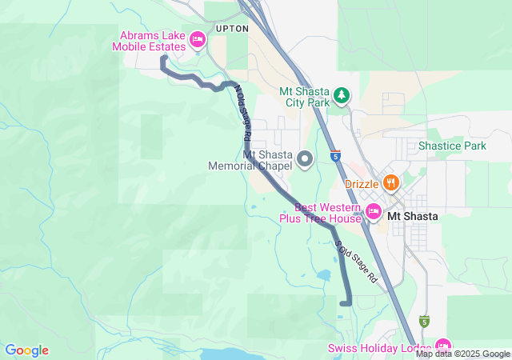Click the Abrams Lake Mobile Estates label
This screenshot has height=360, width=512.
tap(153, 40)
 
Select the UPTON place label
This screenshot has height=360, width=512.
tap(232, 28)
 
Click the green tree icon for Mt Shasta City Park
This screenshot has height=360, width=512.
tap(342, 96)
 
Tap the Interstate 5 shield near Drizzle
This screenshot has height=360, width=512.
tap(335, 155)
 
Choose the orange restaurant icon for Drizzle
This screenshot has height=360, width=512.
tap(390, 182)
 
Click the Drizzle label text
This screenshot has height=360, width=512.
tap(361, 183)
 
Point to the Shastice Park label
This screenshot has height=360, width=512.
tap(452, 146)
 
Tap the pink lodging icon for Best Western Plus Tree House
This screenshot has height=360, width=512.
tap(373, 211)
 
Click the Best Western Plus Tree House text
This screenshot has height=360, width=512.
tap(323, 212)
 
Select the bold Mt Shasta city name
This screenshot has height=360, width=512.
tap(412, 216)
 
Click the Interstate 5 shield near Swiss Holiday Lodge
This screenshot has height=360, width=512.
tap(424, 322)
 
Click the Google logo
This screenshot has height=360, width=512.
tap(26, 350)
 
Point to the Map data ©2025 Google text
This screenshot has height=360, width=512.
tap(462, 354)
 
